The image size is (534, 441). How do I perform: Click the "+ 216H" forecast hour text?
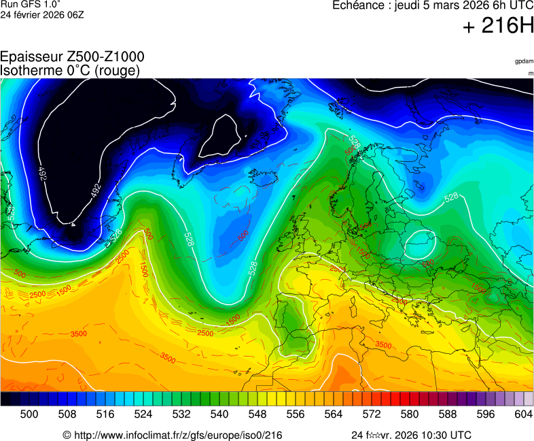[498, 26]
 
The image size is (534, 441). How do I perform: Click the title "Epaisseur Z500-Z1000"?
[72, 57]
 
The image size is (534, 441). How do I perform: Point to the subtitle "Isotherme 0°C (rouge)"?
[70, 70]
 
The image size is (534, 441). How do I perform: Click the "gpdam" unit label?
[524, 61]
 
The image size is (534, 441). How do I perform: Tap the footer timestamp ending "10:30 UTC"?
[411, 435]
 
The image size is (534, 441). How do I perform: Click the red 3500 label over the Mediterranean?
[383, 345]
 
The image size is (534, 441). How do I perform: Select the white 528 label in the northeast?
[452, 198]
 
